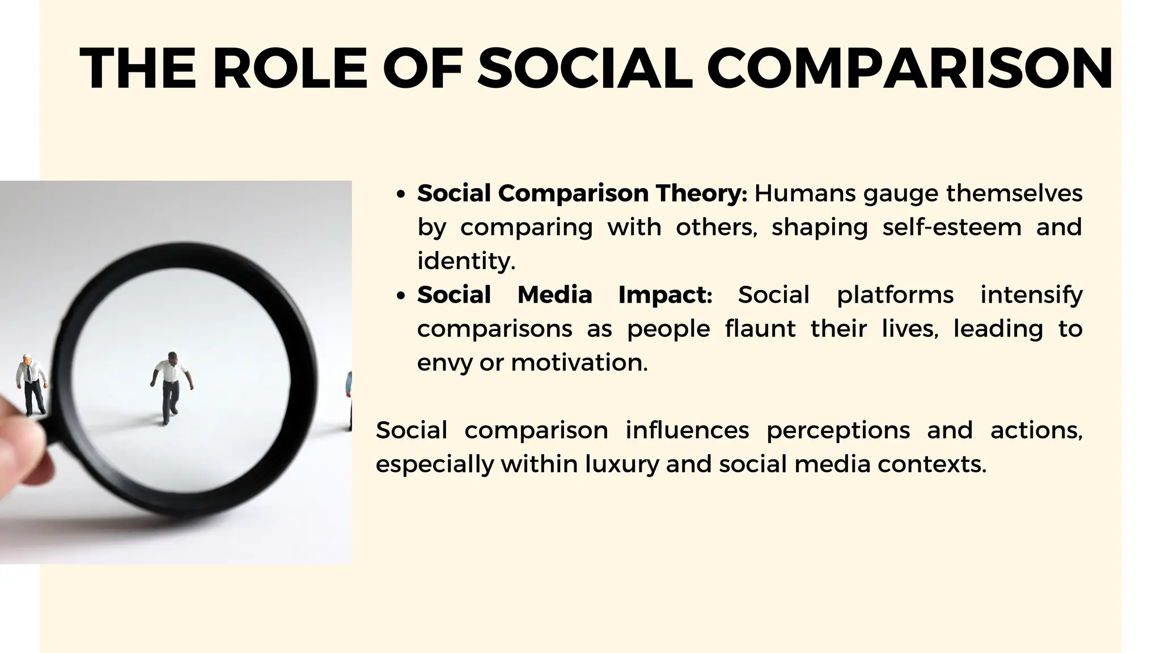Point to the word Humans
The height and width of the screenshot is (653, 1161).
click(805, 193)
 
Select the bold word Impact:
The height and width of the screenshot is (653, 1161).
click(665, 295)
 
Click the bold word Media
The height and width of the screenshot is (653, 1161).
click(554, 295)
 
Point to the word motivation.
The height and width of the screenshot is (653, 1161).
click(579, 363)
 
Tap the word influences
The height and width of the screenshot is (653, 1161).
click(687, 430)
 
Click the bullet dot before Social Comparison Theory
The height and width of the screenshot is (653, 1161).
click(401, 194)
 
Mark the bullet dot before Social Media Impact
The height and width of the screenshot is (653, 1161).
click(401, 296)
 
